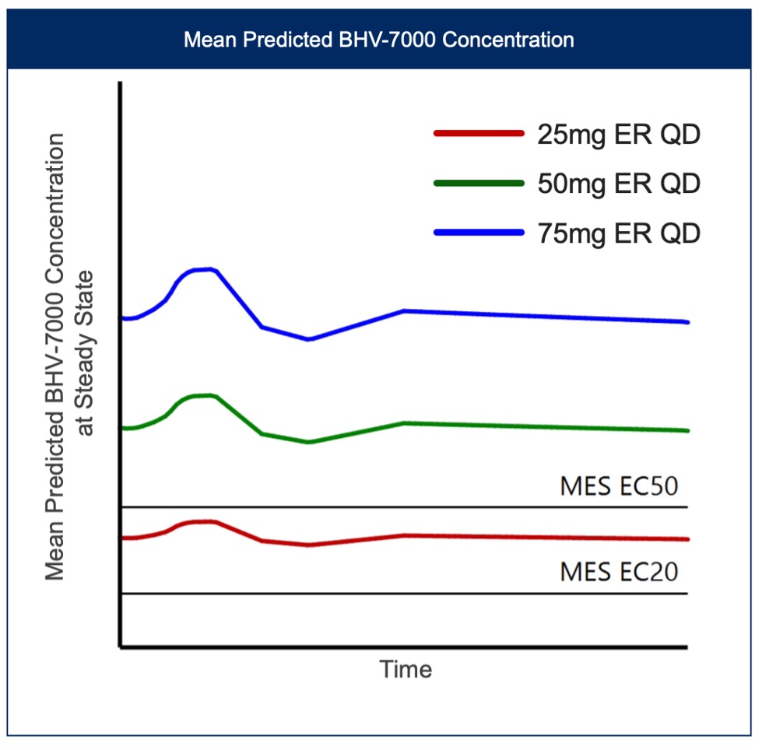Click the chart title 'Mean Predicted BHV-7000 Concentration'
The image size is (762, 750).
tap(379, 39)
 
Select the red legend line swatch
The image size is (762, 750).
tap(477, 133)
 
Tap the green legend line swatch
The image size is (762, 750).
tap(477, 183)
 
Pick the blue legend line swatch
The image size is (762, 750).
tap(477, 232)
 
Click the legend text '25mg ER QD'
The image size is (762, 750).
tap(619, 135)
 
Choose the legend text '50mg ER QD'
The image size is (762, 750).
tap(619, 184)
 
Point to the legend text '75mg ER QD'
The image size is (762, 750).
tap(619, 233)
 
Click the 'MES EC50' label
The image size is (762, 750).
tap(619, 487)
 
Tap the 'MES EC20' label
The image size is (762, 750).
tap(619, 572)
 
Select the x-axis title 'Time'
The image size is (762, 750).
tap(406, 669)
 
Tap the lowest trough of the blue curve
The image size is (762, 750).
tap(309, 339)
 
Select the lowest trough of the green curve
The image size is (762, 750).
tap(309, 442)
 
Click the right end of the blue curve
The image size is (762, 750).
tap(687, 322)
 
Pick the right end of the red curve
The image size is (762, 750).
tap(687, 539)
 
